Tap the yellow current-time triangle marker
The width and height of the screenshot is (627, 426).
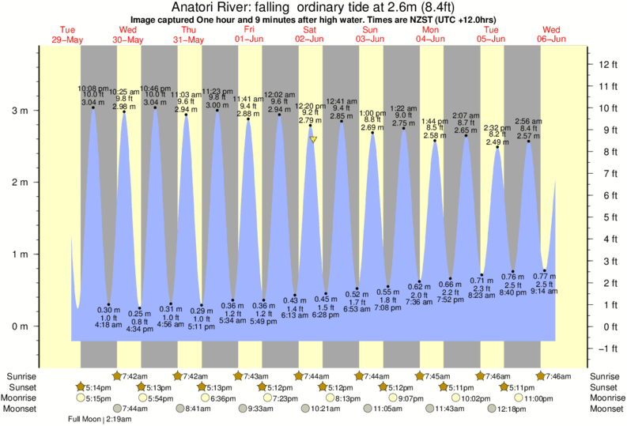[314, 140]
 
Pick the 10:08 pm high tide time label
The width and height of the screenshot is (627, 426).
[93, 88]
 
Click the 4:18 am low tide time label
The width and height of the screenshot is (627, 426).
[108, 325]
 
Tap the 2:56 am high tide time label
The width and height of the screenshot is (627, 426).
[528, 121]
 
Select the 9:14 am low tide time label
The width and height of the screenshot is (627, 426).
[544, 292]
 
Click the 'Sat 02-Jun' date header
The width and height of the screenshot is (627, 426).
[310, 34]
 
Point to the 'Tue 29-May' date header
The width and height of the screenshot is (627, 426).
[67, 34]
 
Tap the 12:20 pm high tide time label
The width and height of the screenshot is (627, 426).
[310, 105]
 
